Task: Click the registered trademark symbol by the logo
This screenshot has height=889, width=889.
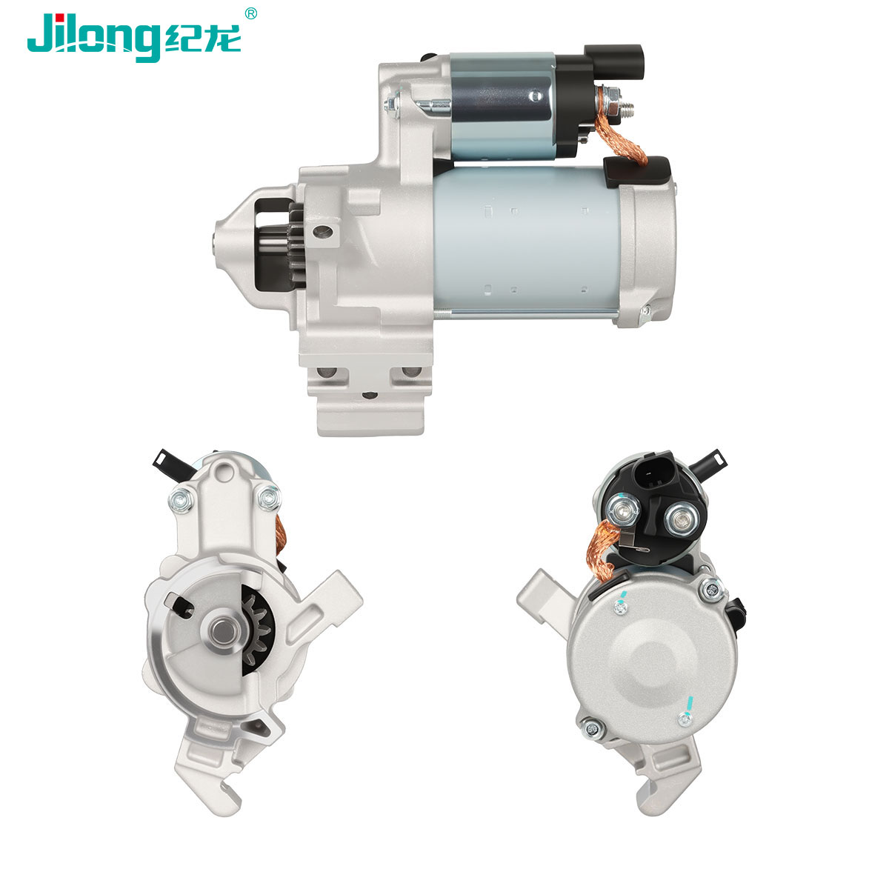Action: pos(250,14)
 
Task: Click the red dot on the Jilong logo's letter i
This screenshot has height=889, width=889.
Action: pos(61,18)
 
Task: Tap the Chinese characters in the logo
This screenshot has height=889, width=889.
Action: pos(202,38)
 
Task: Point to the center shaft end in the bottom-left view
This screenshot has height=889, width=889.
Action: pos(223,633)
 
